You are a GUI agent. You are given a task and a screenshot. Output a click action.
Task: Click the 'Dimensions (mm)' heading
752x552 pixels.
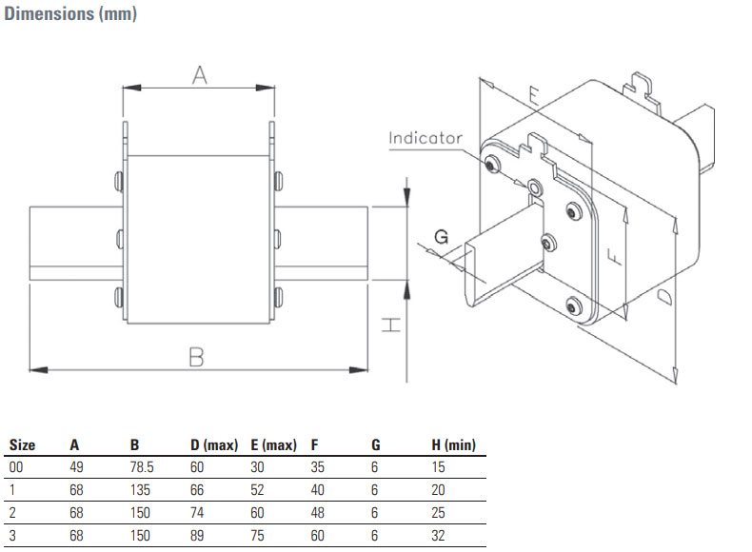tap(70, 17)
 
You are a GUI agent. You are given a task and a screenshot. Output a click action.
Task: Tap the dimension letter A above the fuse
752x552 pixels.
tap(199, 75)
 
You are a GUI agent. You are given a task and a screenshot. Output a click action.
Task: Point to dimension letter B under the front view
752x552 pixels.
tap(196, 357)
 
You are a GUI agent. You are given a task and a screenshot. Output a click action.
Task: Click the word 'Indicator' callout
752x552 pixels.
tap(425, 138)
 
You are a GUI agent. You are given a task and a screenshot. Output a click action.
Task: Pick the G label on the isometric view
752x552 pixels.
tap(440, 235)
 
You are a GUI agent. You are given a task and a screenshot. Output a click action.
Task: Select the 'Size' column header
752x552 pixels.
tap(22, 444)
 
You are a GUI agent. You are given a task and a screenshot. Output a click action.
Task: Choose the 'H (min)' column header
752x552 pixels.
tap(453, 444)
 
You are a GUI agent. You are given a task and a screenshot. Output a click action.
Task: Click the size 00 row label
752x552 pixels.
tap(15, 466)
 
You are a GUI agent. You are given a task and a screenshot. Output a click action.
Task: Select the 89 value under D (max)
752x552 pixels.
tap(197, 535)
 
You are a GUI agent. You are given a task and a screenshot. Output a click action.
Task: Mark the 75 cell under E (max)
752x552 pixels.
tap(257, 535)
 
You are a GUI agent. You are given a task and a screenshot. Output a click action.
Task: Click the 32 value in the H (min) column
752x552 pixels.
tap(439, 535)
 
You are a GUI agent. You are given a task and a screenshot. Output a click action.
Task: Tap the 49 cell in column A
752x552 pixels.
tap(76, 466)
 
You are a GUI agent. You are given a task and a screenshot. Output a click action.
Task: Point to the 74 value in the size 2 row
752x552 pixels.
tap(197, 512)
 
